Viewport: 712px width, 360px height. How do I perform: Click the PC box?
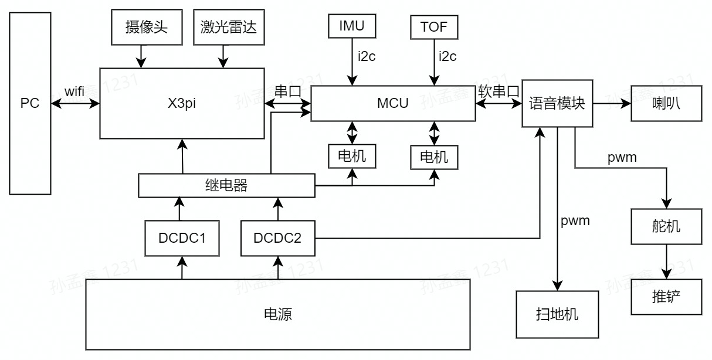pyautogui.click(x=30, y=104)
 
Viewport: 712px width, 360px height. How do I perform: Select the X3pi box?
pyautogui.click(x=182, y=104)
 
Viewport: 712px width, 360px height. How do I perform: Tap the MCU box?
pyautogui.click(x=393, y=104)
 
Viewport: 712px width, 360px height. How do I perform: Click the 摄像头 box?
pyautogui.click(x=146, y=28)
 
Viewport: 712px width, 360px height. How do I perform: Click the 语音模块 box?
pyautogui.click(x=557, y=104)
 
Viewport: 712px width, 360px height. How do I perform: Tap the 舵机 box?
pyautogui.click(x=666, y=226)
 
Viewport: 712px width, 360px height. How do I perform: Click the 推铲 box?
pyautogui.click(x=666, y=297)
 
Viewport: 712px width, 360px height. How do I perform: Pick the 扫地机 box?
pyautogui.click(x=557, y=314)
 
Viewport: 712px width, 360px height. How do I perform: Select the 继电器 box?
pyautogui.click(x=227, y=186)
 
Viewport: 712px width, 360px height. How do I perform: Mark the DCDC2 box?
pyautogui.click(x=277, y=239)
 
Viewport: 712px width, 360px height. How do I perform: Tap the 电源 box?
pyautogui.click(x=278, y=315)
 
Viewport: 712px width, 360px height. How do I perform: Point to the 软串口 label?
pyautogui.click(x=499, y=91)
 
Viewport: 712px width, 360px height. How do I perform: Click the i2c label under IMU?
pyautogui.click(x=367, y=56)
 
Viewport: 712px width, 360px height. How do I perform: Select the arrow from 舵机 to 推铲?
pyautogui.click(x=666, y=260)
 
